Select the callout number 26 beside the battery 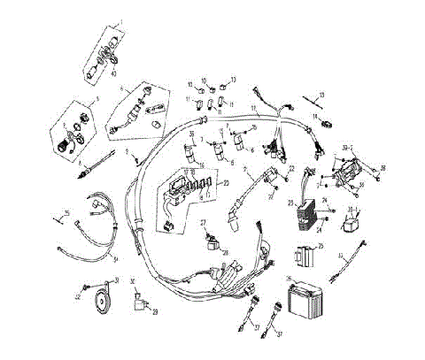tap(289, 280)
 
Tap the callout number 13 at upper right tap(322, 95)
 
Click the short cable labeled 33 tap(351, 262)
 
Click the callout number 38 tap(383, 166)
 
